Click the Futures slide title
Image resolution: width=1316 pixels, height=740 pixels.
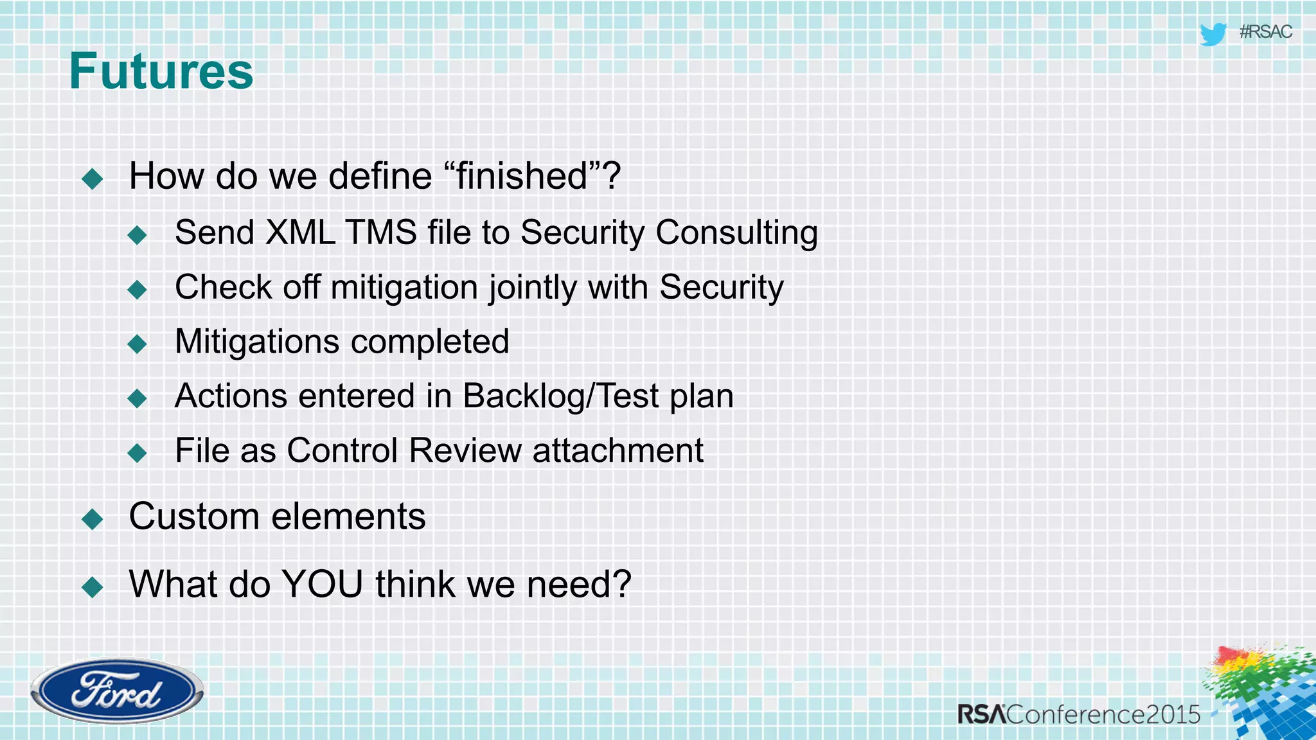[x=161, y=71]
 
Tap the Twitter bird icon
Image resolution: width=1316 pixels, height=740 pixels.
[x=1213, y=33]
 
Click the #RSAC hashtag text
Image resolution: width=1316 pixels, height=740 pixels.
[x=1265, y=32]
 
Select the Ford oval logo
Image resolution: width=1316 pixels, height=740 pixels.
[x=117, y=691]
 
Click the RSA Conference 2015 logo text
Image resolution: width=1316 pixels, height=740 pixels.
[x=1079, y=714]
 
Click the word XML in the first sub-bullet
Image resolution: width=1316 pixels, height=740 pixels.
[x=300, y=233]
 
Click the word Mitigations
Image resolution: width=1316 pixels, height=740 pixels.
[x=256, y=342]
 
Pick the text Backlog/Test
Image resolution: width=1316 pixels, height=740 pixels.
[x=561, y=396]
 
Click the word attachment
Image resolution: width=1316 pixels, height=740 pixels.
[x=618, y=450]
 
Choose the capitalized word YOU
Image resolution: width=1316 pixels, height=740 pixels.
[x=323, y=585]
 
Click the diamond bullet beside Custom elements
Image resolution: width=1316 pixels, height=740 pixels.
[x=93, y=519]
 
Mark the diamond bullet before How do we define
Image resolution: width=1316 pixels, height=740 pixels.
[x=93, y=179]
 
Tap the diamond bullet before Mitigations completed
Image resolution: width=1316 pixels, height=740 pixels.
[x=138, y=344]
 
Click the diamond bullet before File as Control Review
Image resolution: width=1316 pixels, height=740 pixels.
[x=138, y=454]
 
